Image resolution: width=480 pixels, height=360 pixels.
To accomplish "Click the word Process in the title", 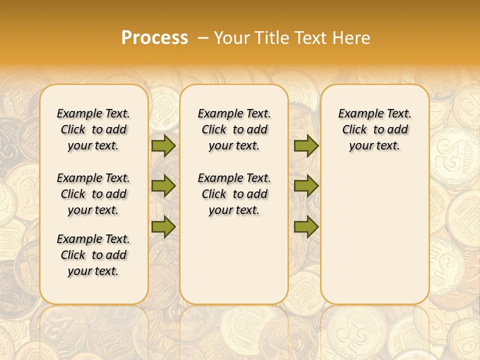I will (x=154, y=37).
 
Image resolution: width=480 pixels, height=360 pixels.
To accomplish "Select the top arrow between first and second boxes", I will (x=163, y=145).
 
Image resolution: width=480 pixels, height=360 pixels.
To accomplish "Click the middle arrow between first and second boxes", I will (x=163, y=186).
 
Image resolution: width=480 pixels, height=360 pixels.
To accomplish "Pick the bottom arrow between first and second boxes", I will (x=163, y=226).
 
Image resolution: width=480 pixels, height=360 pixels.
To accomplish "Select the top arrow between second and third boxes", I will (x=306, y=145).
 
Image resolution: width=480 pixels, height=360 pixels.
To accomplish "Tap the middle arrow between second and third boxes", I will (x=306, y=186).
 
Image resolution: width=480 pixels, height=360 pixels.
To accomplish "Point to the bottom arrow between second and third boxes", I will (x=306, y=226).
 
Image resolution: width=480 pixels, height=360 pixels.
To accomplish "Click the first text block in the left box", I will (x=93, y=129).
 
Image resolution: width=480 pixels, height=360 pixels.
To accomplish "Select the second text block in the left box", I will (x=93, y=194).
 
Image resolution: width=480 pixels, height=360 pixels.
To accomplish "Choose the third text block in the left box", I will (x=93, y=255).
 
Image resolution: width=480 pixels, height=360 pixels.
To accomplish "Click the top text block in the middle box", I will (x=234, y=129).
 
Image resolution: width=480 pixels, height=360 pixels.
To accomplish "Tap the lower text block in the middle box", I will (x=234, y=194).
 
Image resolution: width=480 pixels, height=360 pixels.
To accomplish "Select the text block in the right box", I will (x=375, y=129).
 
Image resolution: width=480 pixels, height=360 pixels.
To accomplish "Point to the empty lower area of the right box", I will (x=375, y=230).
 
